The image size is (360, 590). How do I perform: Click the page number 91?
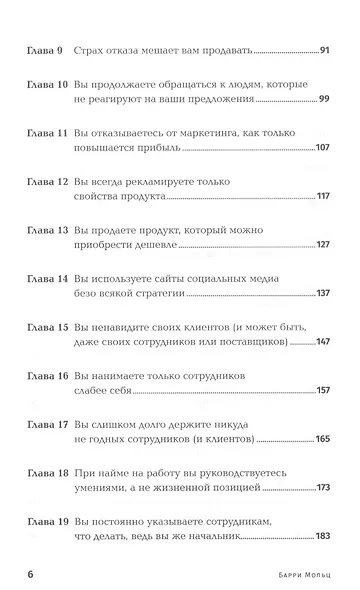click(x=322, y=48)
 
